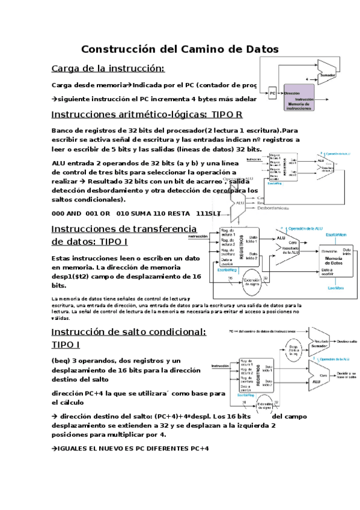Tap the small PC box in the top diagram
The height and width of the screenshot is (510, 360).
tap(272, 94)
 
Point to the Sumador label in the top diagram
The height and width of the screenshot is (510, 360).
tap(327, 75)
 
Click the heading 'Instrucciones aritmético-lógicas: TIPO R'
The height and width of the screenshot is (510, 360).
tap(147, 114)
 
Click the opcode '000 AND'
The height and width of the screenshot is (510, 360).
tap(66, 214)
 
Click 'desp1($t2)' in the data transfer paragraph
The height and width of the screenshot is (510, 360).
tap(76, 277)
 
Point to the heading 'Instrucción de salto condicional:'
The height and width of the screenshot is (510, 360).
tap(129, 332)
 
